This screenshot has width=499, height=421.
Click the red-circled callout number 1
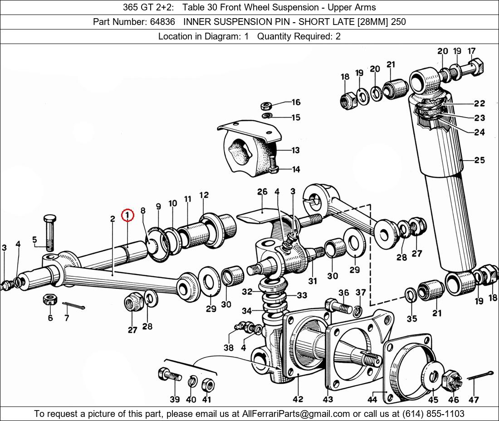(127, 215)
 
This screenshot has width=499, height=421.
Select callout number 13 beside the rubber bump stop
(295, 150)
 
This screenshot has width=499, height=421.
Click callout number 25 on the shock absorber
(479, 160)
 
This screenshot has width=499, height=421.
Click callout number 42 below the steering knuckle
(298, 399)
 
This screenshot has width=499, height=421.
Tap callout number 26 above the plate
(262, 191)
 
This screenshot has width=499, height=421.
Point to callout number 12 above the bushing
(204, 195)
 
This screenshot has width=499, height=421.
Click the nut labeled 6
(49, 300)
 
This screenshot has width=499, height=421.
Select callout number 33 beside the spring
(302, 295)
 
